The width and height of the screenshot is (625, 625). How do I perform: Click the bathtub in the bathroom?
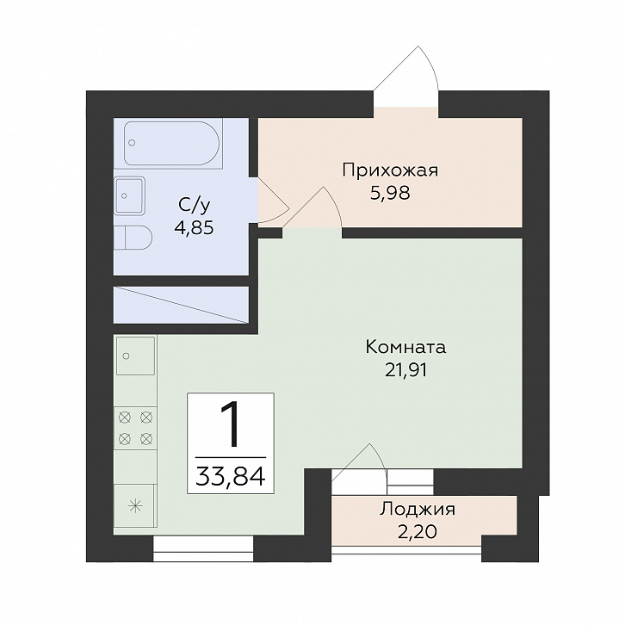pos(172,144)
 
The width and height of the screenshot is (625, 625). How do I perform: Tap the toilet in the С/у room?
pos(133,238)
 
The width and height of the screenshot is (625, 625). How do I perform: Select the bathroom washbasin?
pos(129,195)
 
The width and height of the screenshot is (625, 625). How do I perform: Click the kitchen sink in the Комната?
pos(135,356)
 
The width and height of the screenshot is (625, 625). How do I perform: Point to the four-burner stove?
pos(135,429)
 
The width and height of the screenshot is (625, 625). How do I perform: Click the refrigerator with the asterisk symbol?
pos(134,507)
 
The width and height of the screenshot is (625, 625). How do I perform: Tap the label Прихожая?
pos(390,170)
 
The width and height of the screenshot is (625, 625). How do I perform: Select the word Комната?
pos(405,348)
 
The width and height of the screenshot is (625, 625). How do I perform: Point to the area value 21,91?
pos(405,371)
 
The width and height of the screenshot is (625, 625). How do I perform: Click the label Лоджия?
pos(418,511)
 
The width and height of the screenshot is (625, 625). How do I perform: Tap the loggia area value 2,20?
pos(418,531)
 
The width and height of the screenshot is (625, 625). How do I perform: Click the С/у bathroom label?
pos(194,206)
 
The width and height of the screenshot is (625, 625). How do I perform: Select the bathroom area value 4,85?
pos(194,228)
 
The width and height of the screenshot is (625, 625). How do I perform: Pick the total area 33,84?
pos(231,475)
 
